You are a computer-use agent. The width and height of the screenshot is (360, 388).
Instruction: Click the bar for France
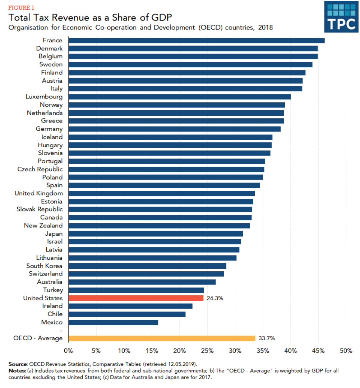click(x=196, y=40)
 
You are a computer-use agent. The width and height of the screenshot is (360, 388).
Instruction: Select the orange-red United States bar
click(x=136, y=298)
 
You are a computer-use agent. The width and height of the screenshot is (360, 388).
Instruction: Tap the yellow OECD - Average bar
click(x=162, y=338)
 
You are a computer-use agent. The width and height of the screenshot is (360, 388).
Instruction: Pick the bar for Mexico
click(x=113, y=322)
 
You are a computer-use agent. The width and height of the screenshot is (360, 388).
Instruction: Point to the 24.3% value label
click(x=215, y=298)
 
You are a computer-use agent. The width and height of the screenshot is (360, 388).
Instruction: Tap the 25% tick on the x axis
click(x=207, y=350)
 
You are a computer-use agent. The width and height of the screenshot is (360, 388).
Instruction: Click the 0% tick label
click(x=68, y=350)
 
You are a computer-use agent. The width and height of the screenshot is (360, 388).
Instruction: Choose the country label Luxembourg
click(x=44, y=97)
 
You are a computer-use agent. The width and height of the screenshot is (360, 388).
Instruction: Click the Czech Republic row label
click(x=40, y=169)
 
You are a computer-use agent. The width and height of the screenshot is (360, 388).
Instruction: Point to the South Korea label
click(x=44, y=266)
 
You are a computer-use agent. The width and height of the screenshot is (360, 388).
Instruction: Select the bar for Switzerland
click(x=146, y=274)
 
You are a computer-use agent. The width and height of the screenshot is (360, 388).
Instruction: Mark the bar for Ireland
click(x=130, y=306)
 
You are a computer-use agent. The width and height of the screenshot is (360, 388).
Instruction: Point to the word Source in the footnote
click(x=17, y=364)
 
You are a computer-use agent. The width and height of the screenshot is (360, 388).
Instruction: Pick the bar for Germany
click(x=174, y=129)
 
